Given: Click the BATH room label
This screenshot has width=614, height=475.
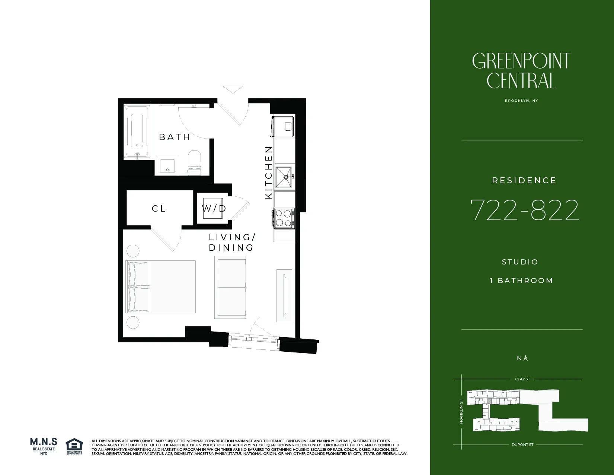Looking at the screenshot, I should click(x=175, y=137).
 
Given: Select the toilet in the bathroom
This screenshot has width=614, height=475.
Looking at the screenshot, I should click(x=194, y=163).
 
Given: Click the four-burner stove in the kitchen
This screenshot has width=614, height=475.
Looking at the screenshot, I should click(x=284, y=218).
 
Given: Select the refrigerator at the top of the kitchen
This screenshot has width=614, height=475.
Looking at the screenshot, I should click(x=283, y=127).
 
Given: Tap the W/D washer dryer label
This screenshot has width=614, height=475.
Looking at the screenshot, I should click(x=214, y=209).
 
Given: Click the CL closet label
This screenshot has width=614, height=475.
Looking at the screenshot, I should click(x=159, y=209).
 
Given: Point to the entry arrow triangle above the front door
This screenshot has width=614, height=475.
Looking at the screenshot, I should click(x=233, y=89).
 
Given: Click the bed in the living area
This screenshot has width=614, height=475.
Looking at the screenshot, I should click(x=161, y=286).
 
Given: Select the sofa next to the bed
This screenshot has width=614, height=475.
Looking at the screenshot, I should click(x=230, y=287).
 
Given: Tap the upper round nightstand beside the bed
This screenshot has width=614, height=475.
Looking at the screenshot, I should click(x=133, y=250).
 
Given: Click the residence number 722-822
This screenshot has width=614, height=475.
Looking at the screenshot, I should click(x=524, y=210).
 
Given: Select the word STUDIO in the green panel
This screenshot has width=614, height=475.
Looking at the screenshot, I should click(x=520, y=262).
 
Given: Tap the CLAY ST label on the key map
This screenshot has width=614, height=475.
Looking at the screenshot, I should click(x=522, y=379).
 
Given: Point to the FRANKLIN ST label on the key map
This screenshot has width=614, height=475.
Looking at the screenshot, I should click(x=461, y=412).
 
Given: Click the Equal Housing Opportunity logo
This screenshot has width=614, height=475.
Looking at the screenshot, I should click(x=74, y=446).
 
